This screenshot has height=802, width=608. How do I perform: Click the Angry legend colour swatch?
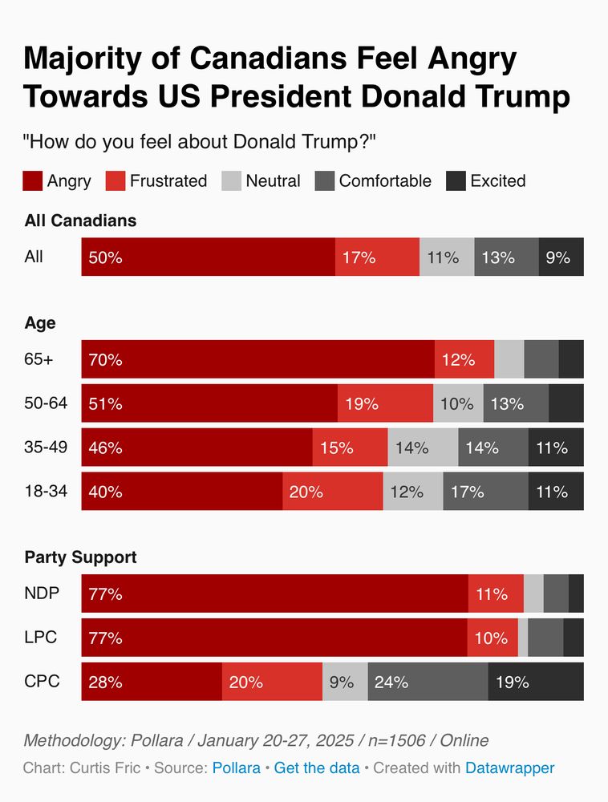click(33, 180)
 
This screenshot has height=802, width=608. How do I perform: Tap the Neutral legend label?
click(273, 180)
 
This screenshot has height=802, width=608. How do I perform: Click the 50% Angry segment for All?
click(208, 257)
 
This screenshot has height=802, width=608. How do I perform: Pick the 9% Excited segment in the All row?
click(561, 257)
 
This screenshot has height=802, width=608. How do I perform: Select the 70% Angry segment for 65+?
click(257, 359)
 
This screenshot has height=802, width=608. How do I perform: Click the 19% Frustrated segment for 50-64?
click(385, 403)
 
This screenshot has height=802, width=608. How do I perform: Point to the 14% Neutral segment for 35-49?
click(423, 448)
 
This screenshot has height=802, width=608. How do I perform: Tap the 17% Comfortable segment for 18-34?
click(485, 492)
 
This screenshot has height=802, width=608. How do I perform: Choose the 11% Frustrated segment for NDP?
click(495, 594)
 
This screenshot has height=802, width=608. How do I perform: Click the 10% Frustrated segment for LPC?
click(492, 638)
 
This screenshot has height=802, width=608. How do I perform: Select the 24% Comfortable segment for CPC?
click(428, 683)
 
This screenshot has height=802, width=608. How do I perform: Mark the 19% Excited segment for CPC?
click(536, 683)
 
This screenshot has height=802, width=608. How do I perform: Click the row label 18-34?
click(46, 492)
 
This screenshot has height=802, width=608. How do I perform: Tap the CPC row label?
click(42, 683)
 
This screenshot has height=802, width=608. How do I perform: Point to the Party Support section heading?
click(80, 557)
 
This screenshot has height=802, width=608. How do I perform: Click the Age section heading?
click(40, 322)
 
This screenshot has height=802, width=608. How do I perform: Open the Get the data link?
click(317, 768)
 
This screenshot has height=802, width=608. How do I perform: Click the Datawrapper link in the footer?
click(509, 768)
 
